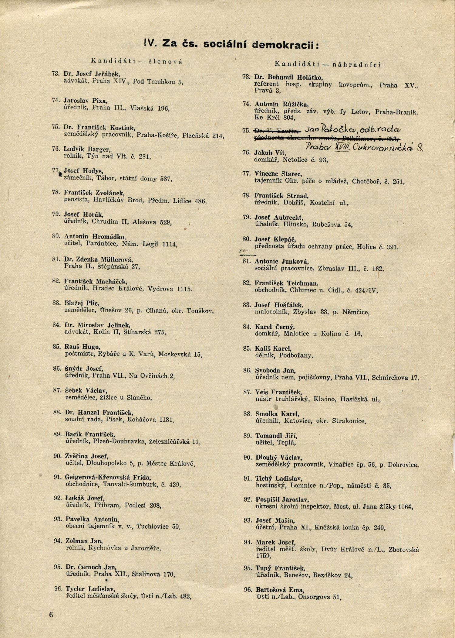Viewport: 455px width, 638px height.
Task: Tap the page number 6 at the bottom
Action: click(x=51, y=615)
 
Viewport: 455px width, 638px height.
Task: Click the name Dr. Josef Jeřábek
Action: click(x=92, y=74)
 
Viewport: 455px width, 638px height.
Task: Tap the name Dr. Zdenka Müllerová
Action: click(x=99, y=259)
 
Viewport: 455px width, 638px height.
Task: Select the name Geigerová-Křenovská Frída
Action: click(x=108, y=477)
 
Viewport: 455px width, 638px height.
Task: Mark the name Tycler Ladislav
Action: click(x=90, y=589)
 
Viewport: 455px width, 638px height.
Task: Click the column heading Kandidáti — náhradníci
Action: click(x=328, y=64)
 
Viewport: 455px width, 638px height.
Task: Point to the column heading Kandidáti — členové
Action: click(x=137, y=61)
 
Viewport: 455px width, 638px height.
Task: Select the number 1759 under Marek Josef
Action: click(x=263, y=556)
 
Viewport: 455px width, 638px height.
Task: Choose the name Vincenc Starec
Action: click(x=278, y=174)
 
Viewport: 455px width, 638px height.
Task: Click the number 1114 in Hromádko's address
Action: click(x=170, y=244)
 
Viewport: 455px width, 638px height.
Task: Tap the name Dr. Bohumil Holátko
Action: click(x=288, y=77)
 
